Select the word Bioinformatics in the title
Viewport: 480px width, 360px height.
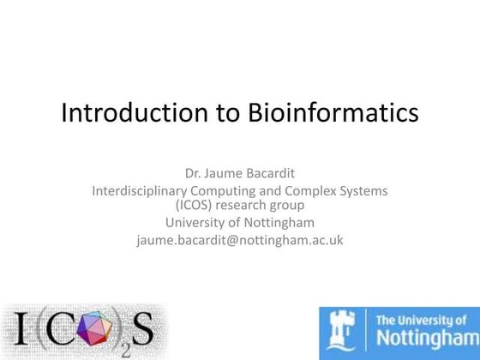333,113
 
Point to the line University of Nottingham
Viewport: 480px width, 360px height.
239,223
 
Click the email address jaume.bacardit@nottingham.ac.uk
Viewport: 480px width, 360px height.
239,240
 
